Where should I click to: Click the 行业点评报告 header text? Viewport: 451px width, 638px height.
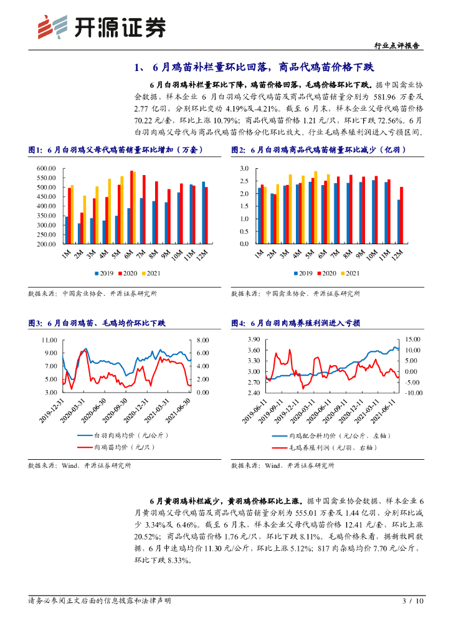click(399, 45)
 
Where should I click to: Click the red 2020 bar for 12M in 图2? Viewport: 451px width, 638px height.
click(402, 215)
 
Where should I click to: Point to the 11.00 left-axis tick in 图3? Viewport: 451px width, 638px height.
click(49, 340)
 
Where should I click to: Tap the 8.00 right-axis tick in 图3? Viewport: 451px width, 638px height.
click(203, 340)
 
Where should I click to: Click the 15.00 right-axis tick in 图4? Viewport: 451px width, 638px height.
click(413, 339)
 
